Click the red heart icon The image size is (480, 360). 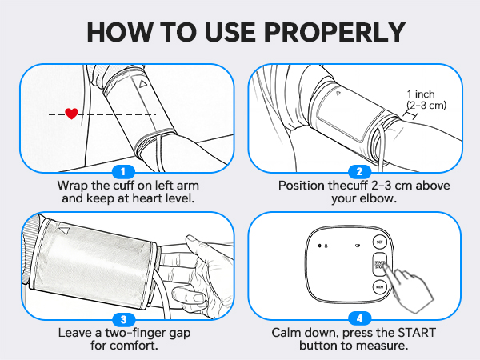[71, 114]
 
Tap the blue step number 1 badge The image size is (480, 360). [122, 171]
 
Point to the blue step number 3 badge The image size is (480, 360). [122, 319]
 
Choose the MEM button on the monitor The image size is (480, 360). [379, 286]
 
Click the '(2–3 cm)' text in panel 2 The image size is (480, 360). [426, 105]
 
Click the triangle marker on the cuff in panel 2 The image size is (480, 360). [338, 94]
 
